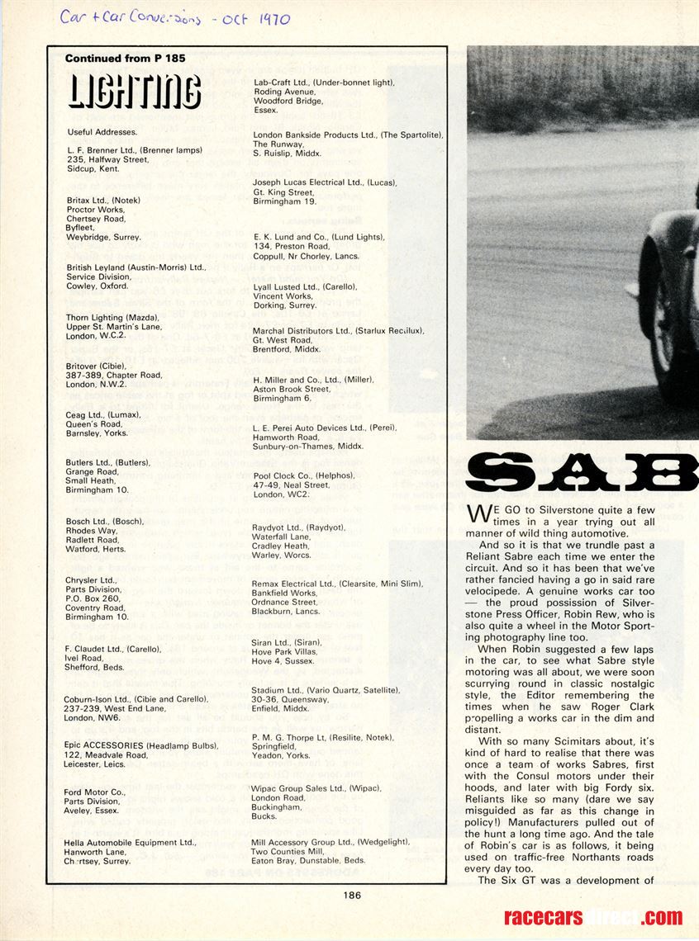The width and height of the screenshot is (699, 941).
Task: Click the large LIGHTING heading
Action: click(134, 91)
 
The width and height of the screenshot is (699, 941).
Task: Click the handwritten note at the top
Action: click(174, 18)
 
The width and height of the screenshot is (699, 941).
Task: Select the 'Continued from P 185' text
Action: click(125, 59)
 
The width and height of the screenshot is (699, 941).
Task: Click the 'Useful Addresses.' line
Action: click(102, 131)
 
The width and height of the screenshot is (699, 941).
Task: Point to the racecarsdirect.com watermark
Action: click(593, 917)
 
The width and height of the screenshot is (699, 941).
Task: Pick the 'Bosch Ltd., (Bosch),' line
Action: click(105, 522)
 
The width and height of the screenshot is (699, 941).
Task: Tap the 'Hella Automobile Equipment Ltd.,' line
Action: click(131, 842)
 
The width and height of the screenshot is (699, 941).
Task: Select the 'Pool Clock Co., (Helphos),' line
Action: click(303, 475)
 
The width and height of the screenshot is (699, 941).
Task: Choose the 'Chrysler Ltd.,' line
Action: click(92, 580)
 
